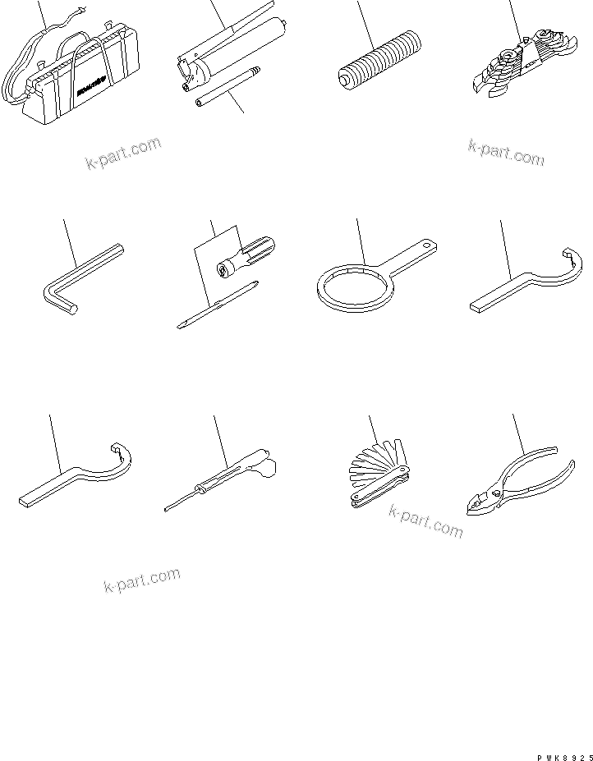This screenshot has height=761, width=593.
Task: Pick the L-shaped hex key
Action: (x=74, y=279)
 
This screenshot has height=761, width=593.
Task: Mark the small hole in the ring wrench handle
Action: (x=426, y=244)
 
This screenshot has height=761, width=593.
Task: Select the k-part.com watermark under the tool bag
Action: (x=123, y=154)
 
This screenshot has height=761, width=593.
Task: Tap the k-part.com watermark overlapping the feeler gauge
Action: (x=425, y=521)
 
